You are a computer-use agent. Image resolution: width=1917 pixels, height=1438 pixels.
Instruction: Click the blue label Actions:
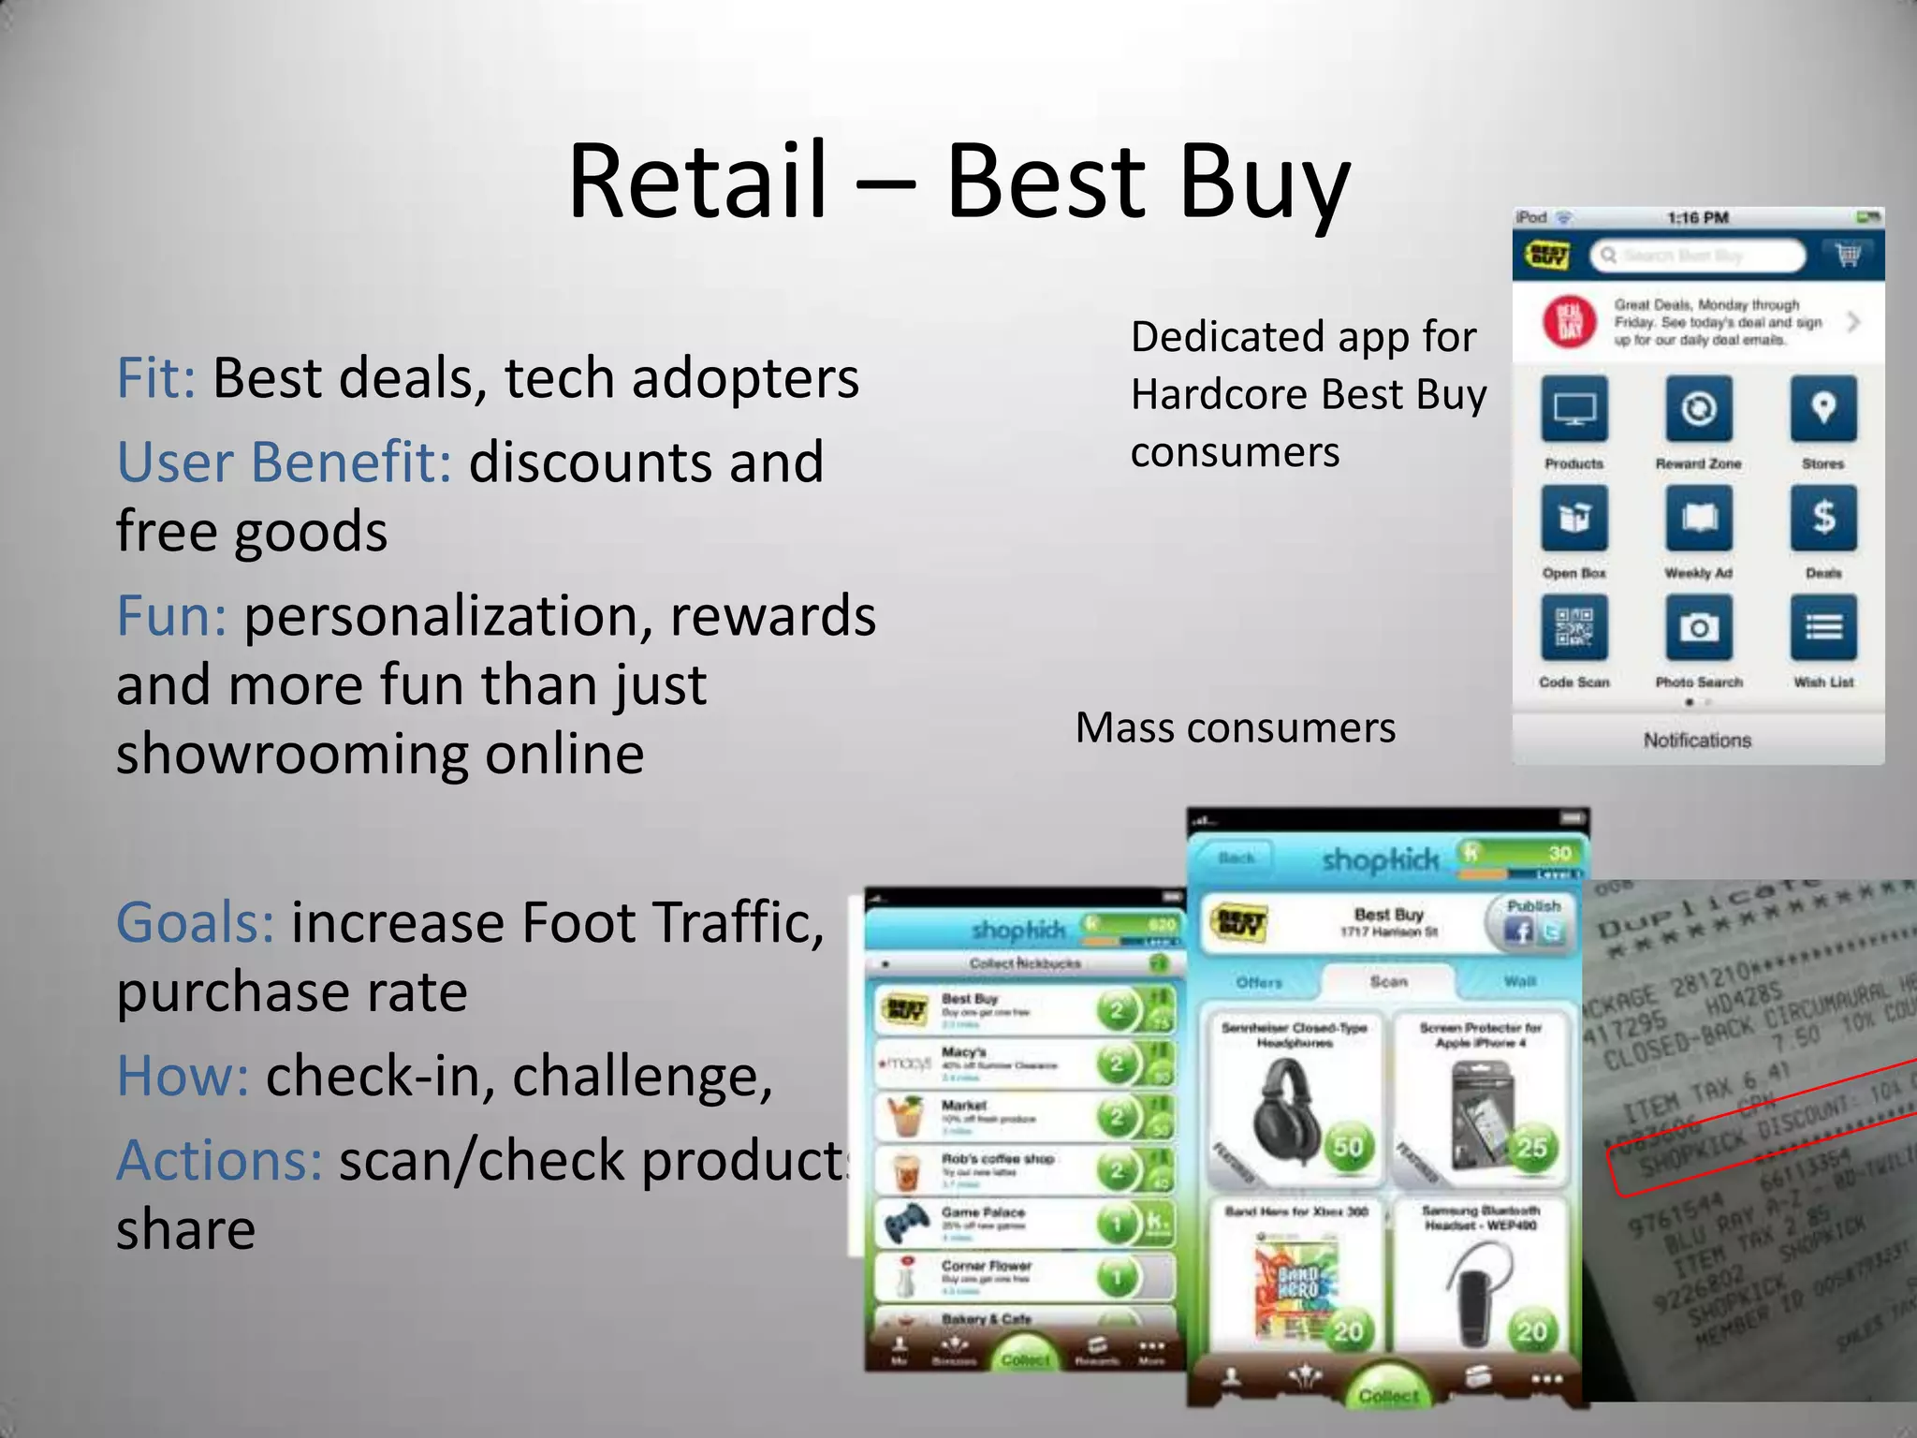click(x=219, y=1160)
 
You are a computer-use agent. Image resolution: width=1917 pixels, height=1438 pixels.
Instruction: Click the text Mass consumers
click(x=1235, y=727)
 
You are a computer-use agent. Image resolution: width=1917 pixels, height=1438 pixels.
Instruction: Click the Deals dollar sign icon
click(x=1822, y=518)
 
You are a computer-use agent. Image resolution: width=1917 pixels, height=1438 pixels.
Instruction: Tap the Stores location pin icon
click(x=1822, y=409)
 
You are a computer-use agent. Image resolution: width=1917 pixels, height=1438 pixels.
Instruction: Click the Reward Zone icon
click(x=1698, y=409)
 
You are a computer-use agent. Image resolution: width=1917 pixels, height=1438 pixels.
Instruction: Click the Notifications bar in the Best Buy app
click(x=1697, y=741)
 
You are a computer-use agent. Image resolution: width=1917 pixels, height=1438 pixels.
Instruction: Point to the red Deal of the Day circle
click(x=1569, y=322)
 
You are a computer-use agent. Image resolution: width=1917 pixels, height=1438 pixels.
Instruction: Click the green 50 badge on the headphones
click(x=1347, y=1147)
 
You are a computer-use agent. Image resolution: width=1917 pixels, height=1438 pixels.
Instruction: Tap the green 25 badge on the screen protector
click(x=1530, y=1147)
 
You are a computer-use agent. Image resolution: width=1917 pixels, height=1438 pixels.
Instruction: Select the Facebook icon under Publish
click(x=1518, y=931)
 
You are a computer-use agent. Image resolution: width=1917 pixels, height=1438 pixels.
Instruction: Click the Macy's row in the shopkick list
click(x=1020, y=1064)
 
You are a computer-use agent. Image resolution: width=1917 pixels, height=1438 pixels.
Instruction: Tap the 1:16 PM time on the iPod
click(x=1697, y=218)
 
